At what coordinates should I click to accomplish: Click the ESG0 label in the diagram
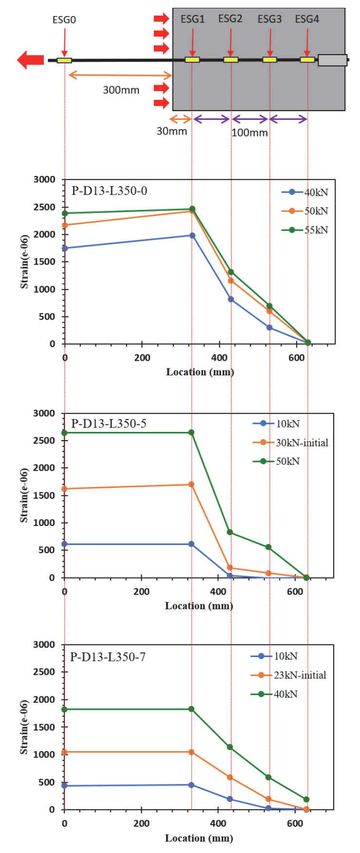coord(64,20)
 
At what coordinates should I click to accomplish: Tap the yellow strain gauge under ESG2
coord(231,60)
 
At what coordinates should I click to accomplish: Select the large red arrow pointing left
coord(30,60)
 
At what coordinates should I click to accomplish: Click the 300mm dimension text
coord(121,90)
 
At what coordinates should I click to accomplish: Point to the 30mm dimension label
coord(171,131)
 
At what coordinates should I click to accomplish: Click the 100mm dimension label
coord(249,133)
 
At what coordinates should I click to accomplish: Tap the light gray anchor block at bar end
coord(333,60)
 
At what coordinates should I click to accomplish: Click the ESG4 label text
coord(307,19)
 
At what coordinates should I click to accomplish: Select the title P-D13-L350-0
coord(109,191)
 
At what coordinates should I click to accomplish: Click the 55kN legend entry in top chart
coord(305,230)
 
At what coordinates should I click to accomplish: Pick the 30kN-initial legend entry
coord(290,443)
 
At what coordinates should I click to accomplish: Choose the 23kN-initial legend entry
coord(288,675)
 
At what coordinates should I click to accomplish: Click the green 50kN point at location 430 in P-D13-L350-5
coord(230,532)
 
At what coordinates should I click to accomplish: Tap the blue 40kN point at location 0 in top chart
coord(65,248)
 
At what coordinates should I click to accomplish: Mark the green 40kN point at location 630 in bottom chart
coord(306,799)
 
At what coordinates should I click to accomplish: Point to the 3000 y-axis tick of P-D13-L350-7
coord(44,644)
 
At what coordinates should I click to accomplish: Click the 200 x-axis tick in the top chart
coord(142,358)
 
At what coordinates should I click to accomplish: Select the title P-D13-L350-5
coord(109,424)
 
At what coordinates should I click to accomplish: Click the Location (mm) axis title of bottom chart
coord(199,838)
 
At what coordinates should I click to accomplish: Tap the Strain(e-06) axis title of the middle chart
coord(24,495)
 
